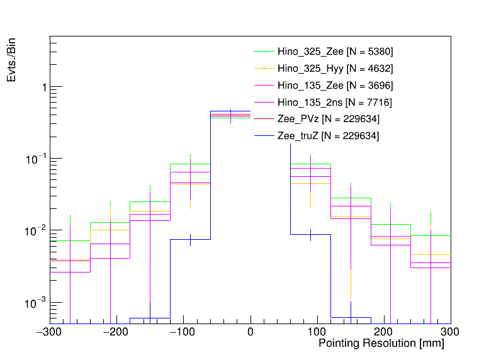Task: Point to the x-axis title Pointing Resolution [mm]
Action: [x=381, y=344]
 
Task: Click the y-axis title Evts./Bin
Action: [x=12, y=60]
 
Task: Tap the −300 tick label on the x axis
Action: [x=51, y=330]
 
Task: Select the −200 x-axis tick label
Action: [x=117, y=330]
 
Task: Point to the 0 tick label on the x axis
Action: [x=250, y=330]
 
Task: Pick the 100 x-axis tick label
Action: [x=317, y=330]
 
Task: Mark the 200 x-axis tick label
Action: [x=384, y=330]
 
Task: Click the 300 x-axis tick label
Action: [x=450, y=330]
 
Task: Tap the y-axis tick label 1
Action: [x=43, y=87]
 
